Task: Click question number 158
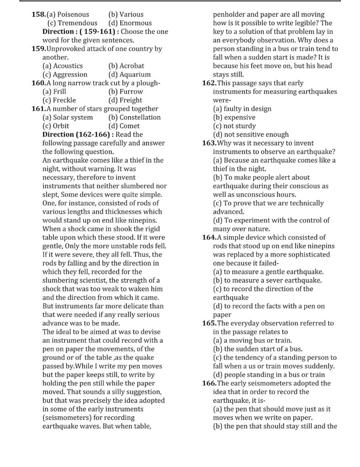pos(38,14)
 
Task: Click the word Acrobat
pos(131,66)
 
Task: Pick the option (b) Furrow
pos(125,91)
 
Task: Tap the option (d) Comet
pos(124,126)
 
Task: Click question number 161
pos(38,109)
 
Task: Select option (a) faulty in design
pos(242,109)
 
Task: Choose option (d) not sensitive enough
pos(250,134)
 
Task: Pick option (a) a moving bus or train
pos(252,340)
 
